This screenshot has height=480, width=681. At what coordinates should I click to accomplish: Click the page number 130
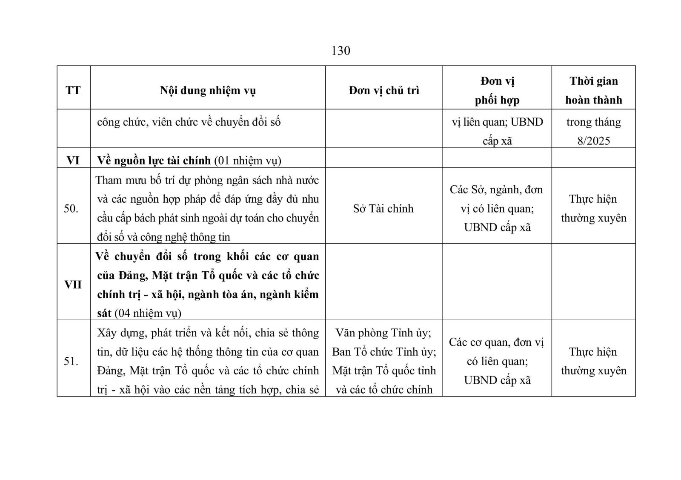pos(340,51)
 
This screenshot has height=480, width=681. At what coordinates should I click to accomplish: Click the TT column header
pos(73,90)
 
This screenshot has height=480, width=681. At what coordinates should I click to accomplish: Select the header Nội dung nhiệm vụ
pos(208,90)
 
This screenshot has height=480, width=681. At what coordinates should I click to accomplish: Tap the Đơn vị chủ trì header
pos(383,90)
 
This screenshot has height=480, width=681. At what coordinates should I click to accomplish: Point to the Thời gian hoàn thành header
pos(593,90)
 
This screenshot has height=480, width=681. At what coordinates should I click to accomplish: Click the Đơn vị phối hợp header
pos(497,90)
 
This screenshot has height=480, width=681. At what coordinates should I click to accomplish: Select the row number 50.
pos(71,209)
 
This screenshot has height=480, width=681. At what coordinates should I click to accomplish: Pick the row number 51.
pos(71,361)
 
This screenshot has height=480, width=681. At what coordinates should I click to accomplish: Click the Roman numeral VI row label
pos(73,161)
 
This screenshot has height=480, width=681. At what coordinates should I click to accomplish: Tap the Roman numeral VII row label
pos(73,285)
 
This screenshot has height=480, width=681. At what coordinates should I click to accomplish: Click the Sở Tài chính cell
pos(383,209)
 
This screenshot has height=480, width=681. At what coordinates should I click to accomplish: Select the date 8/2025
pos(593,141)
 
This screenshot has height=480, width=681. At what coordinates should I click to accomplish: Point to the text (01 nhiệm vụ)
pos(247,161)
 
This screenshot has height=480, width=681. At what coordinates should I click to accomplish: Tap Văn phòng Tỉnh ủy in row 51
pos(383,333)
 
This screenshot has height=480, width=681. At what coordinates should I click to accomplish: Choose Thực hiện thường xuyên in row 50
pos(593,209)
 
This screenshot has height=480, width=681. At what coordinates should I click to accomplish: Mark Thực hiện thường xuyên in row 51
pos(593,361)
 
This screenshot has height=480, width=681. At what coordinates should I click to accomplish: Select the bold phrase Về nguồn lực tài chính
pos(154,161)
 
